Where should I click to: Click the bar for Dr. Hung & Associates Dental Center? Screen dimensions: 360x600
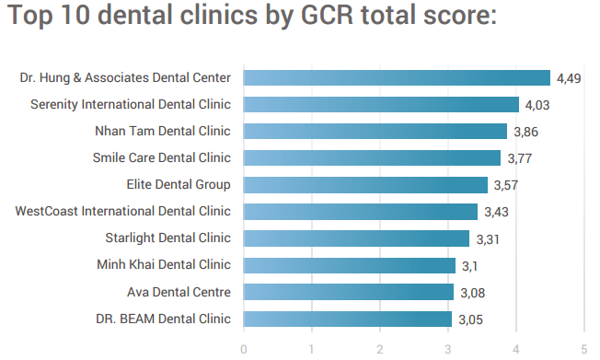pos(397,78)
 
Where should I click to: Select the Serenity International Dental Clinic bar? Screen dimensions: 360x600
pos(381,105)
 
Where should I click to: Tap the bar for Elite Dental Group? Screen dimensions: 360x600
pos(365,185)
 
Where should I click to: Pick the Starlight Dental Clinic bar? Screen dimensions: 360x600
pos(356,238)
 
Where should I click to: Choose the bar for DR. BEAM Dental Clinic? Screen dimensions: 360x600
pos(348,319)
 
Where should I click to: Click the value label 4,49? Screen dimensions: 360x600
pos(569,79)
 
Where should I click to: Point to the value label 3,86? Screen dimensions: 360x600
pos(525,133)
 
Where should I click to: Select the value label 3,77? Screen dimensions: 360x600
pos(519,159)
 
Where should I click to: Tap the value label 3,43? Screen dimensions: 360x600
pos(496,213)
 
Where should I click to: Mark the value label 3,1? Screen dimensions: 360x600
pos(469,266)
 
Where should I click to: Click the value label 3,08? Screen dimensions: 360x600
pos(472,294)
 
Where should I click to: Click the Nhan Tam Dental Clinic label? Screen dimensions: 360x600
pos(162,132)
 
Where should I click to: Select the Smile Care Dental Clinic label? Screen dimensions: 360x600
pos(161,158)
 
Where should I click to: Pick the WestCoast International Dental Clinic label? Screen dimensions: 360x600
pos(123,212)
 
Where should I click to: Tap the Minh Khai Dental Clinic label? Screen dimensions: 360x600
pos(163,265)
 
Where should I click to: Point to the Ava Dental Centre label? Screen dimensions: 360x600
pos(179,293)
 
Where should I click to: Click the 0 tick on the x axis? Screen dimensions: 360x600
pos(244,349)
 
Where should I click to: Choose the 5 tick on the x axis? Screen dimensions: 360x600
pos(584,349)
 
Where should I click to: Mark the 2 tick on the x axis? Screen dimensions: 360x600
pos(380,349)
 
